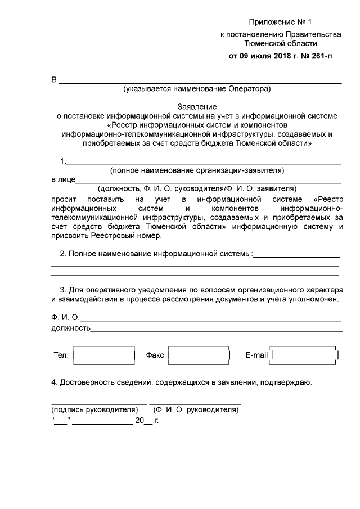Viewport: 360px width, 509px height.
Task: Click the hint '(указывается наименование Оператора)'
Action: pyautogui.click(x=197, y=88)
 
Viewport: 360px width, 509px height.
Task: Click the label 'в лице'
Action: pyautogui.click(x=62, y=180)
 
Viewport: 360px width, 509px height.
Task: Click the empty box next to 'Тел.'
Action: pyautogui.click(x=105, y=355)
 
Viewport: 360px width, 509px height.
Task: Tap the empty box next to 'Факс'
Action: pyautogui.click(x=199, y=355)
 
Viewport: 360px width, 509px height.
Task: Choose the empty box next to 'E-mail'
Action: pyautogui.click(x=305, y=355)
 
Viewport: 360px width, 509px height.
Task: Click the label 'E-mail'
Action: pyautogui.click(x=256, y=355)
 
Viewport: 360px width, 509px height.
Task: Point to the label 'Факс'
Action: pyautogui.click(x=155, y=355)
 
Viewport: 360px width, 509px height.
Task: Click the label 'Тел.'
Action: pyautogui.click(x=61, y=355)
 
